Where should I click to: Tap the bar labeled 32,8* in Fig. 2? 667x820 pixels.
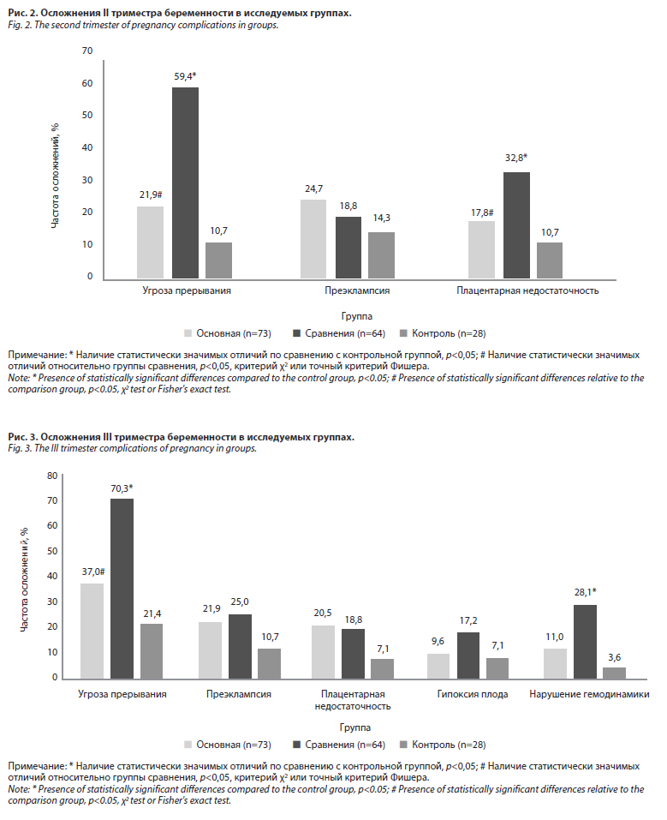tap(516, 224)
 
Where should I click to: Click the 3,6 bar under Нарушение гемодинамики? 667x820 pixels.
tap(615, 673)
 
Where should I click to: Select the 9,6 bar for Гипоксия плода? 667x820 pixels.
tap(439, 666)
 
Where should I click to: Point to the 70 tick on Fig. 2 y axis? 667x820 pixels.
tap(86, 51)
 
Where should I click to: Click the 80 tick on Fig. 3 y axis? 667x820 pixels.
tap(52, 476)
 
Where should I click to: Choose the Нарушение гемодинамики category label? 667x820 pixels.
tap(589, 694)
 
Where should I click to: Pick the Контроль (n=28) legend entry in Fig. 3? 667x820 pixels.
tap(443, 745)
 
